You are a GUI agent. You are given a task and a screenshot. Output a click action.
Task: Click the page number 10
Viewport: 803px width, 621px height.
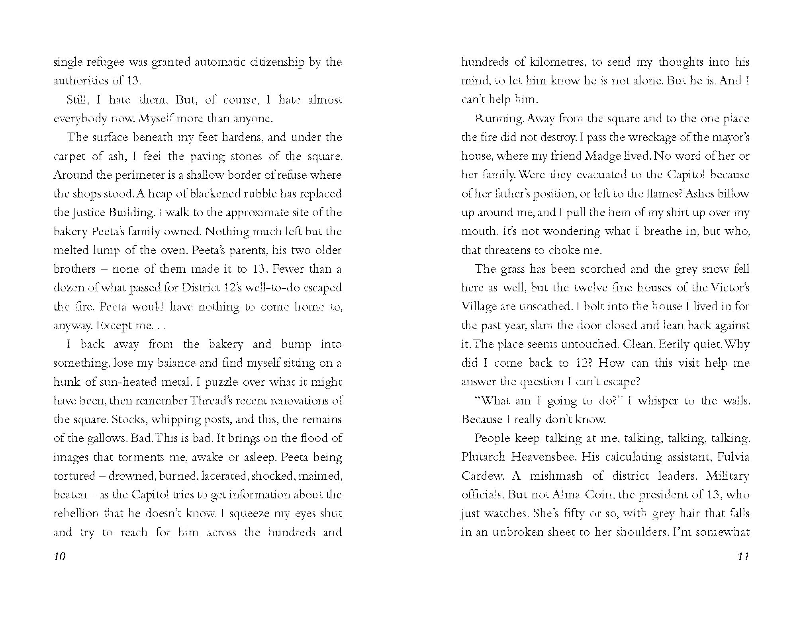[x=59, y=556]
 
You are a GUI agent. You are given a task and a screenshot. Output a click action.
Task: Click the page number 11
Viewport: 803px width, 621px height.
[x=743, y=556]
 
